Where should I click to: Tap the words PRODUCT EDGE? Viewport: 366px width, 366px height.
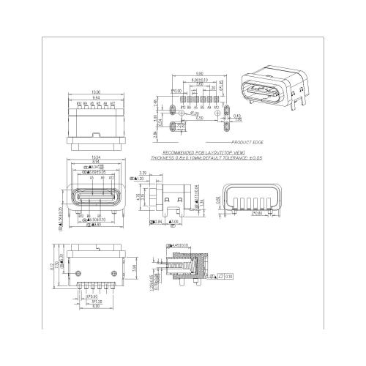pos(247,142)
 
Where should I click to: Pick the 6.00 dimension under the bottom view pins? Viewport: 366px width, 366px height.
pos(86,306)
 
